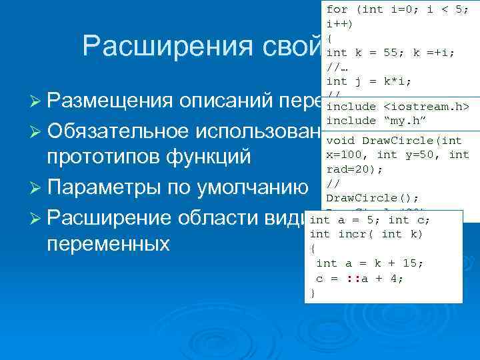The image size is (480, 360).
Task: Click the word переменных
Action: coord(109,243)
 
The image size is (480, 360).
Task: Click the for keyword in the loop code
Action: coord(337,9)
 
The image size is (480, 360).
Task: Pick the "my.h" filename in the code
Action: coord(406,120)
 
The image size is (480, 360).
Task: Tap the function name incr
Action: coord(352,233)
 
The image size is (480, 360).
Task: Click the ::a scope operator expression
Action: coord(353,279)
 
